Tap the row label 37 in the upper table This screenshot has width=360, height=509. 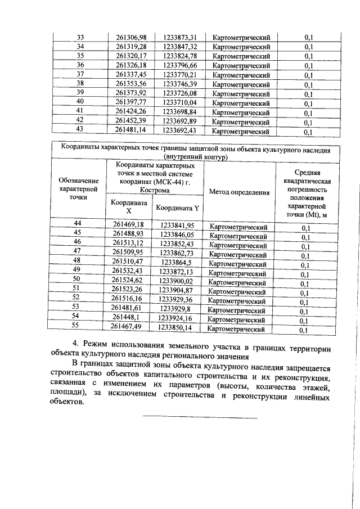coord(80,74)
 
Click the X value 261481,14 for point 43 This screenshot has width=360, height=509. coord(130,131)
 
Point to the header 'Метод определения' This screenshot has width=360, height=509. coord(239,192)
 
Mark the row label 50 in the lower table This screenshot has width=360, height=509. coord(78,280)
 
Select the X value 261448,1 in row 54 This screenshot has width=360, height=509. coord(129,317)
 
